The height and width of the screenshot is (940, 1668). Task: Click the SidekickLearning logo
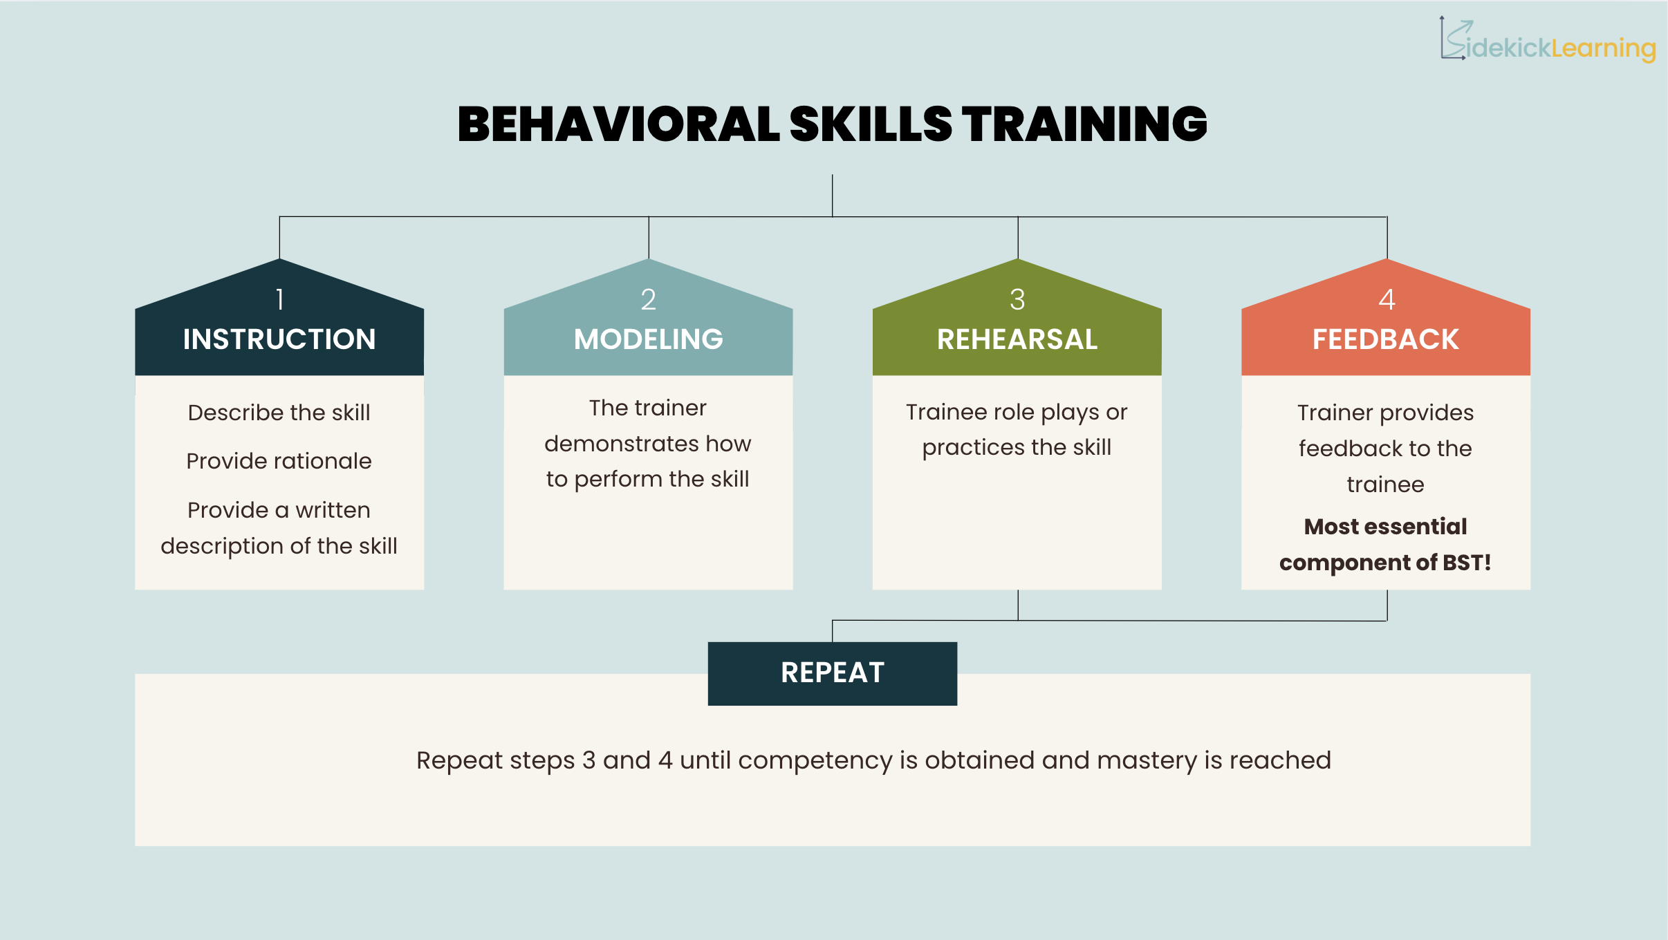click(x=1548, y=41)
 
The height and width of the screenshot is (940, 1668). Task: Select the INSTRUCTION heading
click(x=279, y=339)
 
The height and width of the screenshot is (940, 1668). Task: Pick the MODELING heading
click(x=648, y=339)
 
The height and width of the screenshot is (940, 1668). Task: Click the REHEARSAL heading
click(x=1017, y=339)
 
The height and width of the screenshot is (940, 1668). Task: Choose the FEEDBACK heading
click(x=1386, y=339)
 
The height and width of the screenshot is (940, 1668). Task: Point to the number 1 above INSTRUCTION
click(x=279, y=299)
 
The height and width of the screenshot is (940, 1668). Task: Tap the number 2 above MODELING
click(x=648, y=299)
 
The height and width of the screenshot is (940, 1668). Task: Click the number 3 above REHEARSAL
click(x=1017, y=299)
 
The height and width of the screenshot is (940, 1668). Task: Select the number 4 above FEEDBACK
click(x=1387, y=299)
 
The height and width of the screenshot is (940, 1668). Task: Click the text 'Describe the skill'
click(x=279, y=413)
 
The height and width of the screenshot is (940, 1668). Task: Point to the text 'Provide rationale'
click(x=279, y=461)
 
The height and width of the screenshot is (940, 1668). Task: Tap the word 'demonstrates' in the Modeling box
click(x=620, y=444)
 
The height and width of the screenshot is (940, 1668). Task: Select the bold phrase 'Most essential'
click(x=1385, y=527)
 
